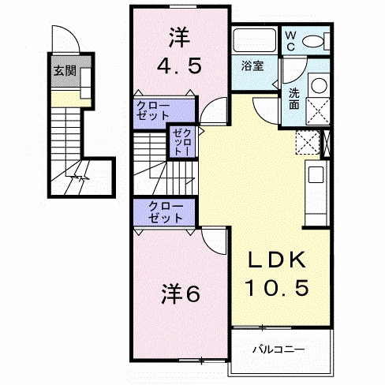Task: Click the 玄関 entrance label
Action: (65, 71)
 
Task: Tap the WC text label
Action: (290, 41)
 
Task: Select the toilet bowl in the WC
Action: (313, 42)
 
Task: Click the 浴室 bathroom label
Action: (252, 65)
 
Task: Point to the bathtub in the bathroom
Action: (255, 40)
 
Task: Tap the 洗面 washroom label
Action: (294, 99)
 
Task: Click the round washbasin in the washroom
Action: (319, 85)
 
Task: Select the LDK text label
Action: (277, 260)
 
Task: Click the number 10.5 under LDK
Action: (277, 287)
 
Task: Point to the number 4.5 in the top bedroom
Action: (179, 65)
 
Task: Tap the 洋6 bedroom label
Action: (181, 293)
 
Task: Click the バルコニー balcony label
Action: (278, 349)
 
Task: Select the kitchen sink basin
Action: (316, 174)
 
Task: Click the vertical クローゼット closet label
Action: (182, 142)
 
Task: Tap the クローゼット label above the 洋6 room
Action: (166, 212)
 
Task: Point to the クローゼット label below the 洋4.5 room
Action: (152, 110)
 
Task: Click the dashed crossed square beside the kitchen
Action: (308, 142)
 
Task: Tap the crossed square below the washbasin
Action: (318, 110)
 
